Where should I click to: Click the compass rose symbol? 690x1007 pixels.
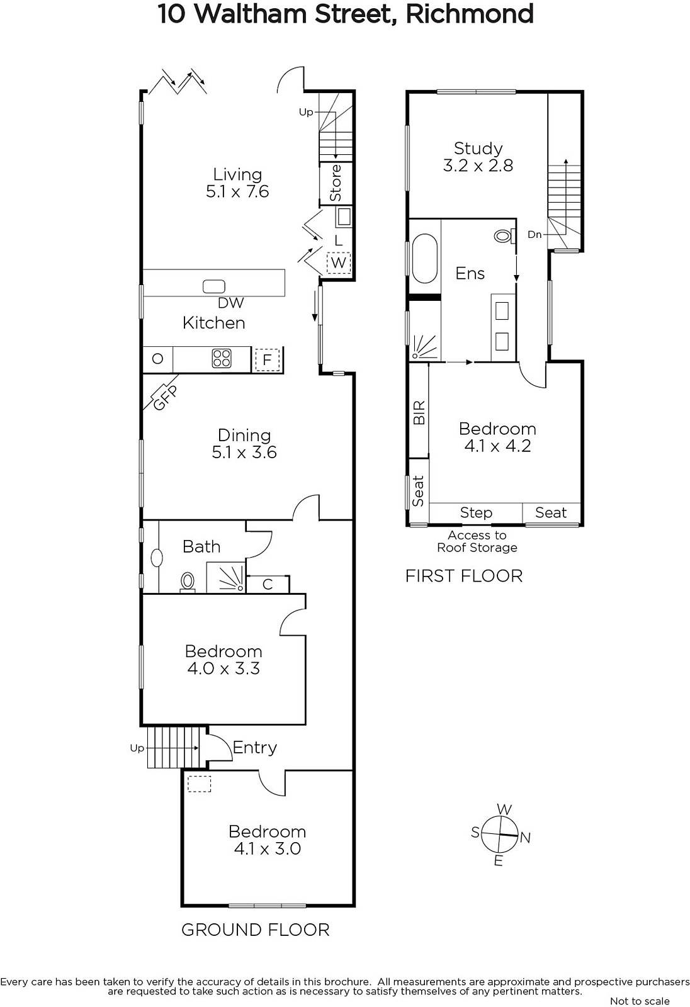point(499,835)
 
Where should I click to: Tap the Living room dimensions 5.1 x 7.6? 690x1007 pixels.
point(237,191)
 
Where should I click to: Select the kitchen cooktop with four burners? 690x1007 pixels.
point(222,359)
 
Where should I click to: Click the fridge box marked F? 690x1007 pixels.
point(267,359)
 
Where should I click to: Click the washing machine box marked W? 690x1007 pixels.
point(339,262)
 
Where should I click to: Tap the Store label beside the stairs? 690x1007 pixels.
point(336,183)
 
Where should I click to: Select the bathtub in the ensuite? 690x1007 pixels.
point(424,258)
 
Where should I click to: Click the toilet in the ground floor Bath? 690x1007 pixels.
point(187,582)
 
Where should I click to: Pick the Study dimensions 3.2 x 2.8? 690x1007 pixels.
point(478,166)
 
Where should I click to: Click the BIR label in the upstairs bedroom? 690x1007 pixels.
point(419,413)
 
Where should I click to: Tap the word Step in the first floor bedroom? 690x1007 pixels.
point(476,512)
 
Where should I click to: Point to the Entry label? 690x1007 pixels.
point(254,747)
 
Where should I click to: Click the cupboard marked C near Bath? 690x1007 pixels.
point(268,585)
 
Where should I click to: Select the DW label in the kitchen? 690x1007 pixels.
point(231,303)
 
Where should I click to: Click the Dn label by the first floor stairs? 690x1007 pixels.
point(534,234)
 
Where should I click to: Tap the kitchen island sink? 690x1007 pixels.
point(213,286)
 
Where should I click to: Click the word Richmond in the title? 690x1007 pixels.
point(470,13)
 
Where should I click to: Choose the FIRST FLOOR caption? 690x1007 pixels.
point(464,576)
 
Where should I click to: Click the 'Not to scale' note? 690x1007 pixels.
point(640,1001)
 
